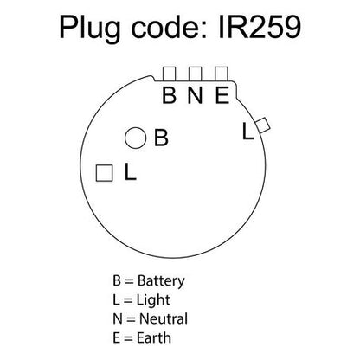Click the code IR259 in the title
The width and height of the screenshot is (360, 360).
(x=260, y=27)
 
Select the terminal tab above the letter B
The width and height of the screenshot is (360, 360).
(x=169, y=74)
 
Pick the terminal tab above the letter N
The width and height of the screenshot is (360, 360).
(x=195, y=74)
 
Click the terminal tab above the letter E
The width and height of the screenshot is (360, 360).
(x=222, y=74)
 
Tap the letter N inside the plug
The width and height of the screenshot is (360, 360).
(x=195, y=95)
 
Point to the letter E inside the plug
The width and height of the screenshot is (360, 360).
(x=222, y=95)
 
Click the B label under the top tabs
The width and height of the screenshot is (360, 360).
(x=169, y=95)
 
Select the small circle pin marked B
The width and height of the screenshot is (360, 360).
(x=136, y=138)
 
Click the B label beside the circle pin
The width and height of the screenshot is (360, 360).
(x=161, y=138)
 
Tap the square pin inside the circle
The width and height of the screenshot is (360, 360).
(x=104, y=173)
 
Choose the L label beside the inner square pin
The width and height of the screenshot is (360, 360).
(x=130, y=171)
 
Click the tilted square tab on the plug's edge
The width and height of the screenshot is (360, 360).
(x=263, y=125)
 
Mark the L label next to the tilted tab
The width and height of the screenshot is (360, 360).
(x=248, y=132)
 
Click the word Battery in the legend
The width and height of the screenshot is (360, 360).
(x=161, y=281)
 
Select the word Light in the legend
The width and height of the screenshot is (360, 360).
(x=153, y=300)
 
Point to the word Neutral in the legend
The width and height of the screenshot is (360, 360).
(x=164, y=318)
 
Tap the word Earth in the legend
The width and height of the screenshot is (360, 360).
(x=154, y=337)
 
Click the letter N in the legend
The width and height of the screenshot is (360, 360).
(x=118, y=319)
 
